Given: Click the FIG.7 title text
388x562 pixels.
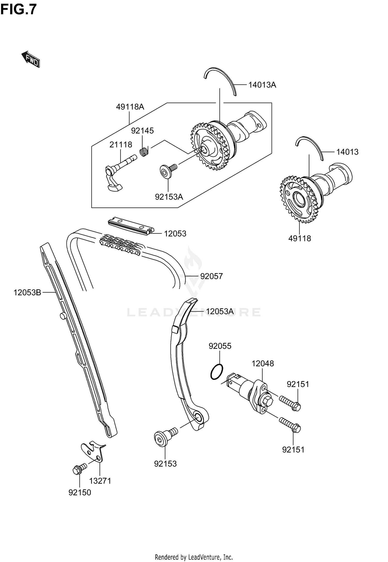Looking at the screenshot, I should click(19, 10).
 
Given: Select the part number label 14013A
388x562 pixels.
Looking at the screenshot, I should click(262, 85).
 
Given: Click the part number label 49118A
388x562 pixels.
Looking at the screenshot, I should click(130, 107).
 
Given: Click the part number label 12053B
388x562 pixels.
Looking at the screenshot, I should click(27, 293).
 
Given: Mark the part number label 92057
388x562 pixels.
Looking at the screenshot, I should click(211, 276).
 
